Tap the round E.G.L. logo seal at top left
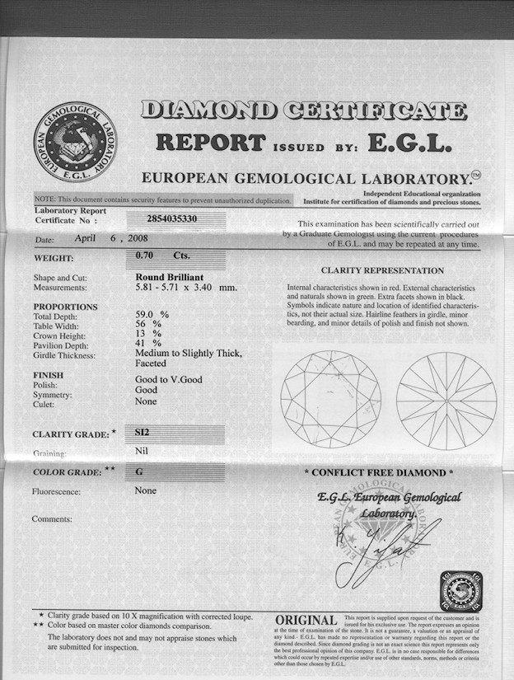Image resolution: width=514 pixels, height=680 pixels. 75,142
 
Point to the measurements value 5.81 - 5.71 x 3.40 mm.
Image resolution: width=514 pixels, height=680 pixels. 185,288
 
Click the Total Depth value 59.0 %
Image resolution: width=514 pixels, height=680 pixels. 152,314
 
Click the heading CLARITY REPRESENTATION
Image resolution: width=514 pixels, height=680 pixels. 381,270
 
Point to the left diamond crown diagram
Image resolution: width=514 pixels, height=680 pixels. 330,401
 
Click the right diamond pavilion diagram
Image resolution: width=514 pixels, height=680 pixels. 446,401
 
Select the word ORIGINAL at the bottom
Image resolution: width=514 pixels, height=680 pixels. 306,620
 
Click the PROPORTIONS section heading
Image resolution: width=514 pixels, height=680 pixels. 65,307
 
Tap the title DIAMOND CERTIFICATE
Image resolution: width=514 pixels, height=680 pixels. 303,110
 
